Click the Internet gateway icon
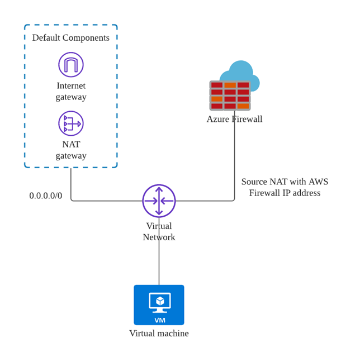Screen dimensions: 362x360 pyautogui.click(x=71, y=65)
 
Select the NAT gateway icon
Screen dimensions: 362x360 pyautogui.click(x=71, y=123)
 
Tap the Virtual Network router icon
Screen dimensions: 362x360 pyautogui.click(x=159, y=201)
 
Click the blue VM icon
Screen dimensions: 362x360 pyautogui.click(x=159, y=305)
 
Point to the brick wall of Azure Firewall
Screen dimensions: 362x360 pyautogui.click(x=230, y=96)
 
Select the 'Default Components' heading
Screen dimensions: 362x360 pyautogui.click(x=71, y=37)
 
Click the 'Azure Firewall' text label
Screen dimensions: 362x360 pyautogui.click(x=234, y=119)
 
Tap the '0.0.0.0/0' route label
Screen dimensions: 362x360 pyautogui.click(x=46, y=196)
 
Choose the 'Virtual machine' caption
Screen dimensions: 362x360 pyautogui.click(x=159, y=334)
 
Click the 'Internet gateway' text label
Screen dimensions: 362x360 pyautogui.click(x=71, y=91)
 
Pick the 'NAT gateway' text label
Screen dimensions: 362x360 pyautogui.click(x=71, y=150)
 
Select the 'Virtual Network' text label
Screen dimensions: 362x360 pyautogui.click(x=159, y=231)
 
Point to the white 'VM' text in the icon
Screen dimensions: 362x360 pyautogui.click(x=160, y=320)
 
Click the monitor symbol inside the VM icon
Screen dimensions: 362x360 pyautogui.click(x=159, y=302)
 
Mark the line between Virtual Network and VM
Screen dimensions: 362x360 pyautogui.click(x=159, y=263)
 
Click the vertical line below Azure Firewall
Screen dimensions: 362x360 pyautogui.click(x=234, y=162)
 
